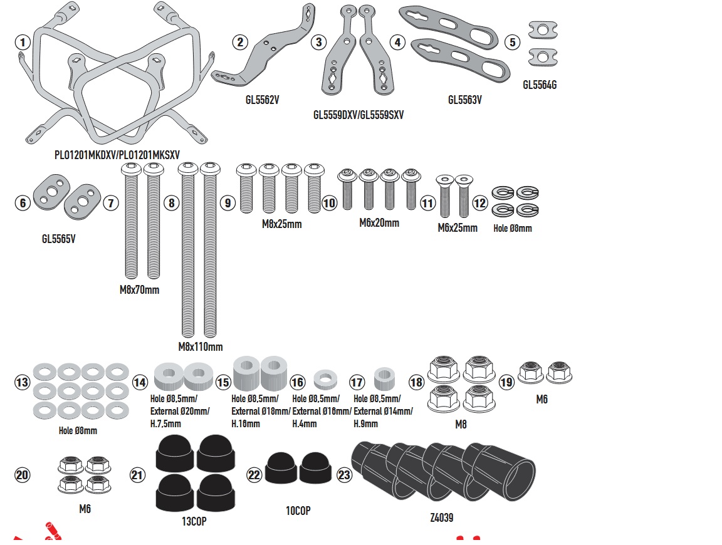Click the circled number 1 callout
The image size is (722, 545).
tap(23, 43)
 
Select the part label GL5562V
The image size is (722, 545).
tap(262, 99)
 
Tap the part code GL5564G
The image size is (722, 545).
tap(540, 85)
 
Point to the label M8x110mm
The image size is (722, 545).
tap(200, 346)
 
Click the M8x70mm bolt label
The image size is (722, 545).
tap(139, 290)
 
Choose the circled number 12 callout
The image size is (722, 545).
tap(480, 203)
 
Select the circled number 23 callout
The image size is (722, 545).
tap(344, 475)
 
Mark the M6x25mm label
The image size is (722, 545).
tap(458, 228)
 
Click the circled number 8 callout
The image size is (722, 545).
tap(170, 203)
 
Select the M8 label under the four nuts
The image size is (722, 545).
tap(460, 424)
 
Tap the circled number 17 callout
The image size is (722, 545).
tap(357, 382)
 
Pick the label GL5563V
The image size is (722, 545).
tap(465, 100)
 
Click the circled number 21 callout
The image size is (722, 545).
tap(138, 475)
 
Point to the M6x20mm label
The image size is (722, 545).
tap(379, 223)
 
